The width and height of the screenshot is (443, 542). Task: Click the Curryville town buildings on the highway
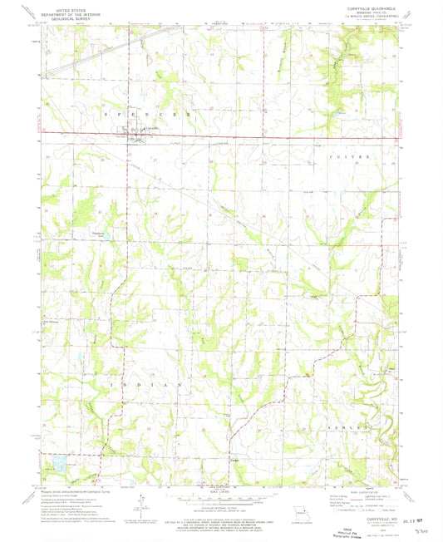[133, 132]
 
